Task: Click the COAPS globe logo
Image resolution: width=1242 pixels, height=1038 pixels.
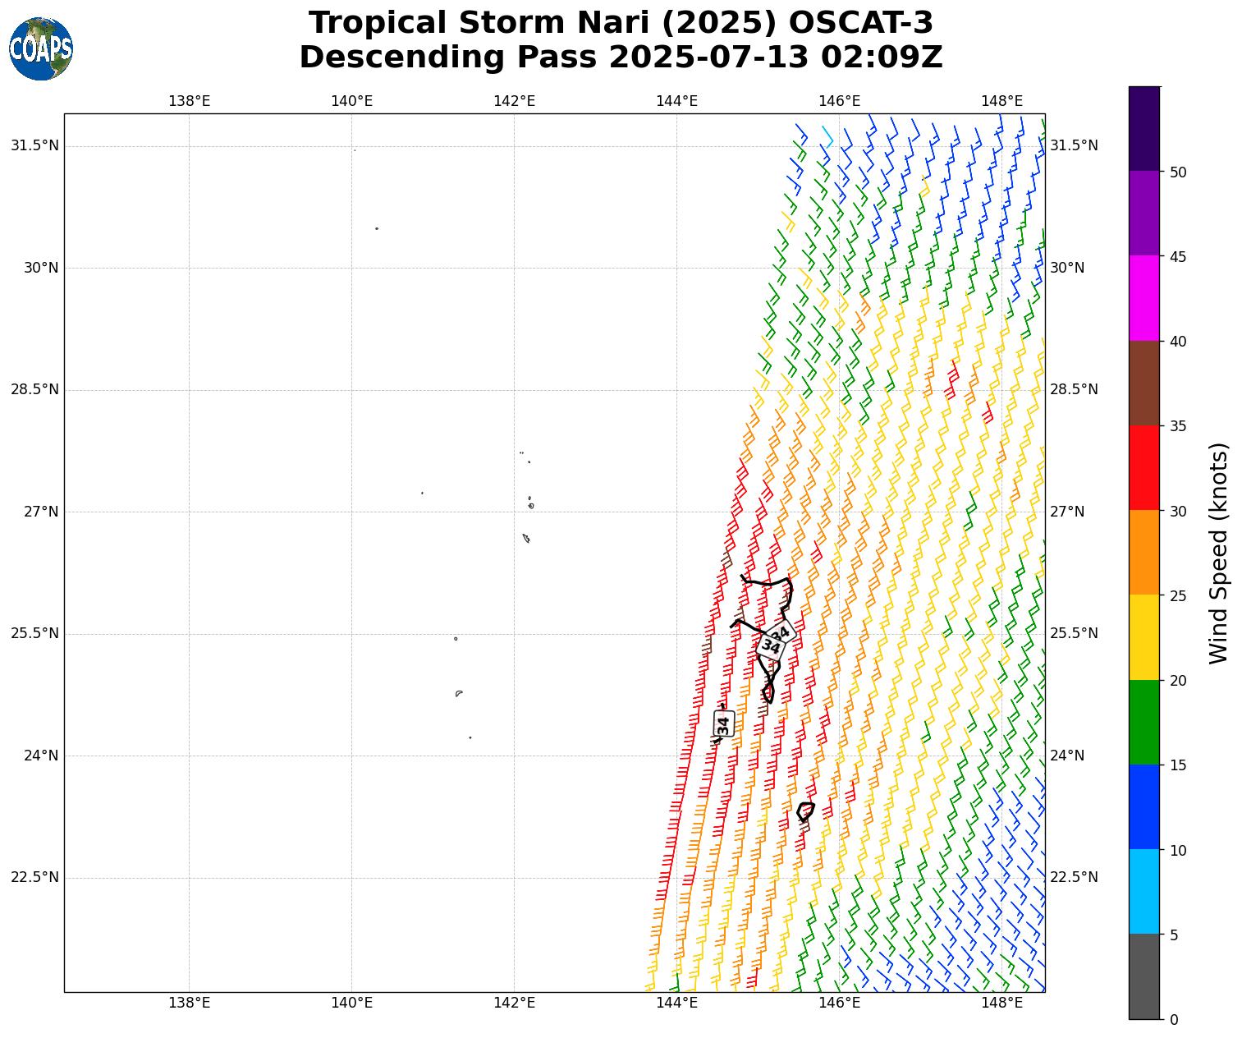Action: pyautogui.click(x=41, y=48)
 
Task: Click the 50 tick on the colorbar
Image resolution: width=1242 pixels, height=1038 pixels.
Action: pyautogui.click(x=1178, y=172)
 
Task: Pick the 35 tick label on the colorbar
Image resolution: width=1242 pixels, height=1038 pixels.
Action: pyautogui.click(x=1178, y=426)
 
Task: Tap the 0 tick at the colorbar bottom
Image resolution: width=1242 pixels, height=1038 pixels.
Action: pyautogui.click(x=1174, y=1019)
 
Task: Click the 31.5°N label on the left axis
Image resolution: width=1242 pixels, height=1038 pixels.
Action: pyautogui.click(x=34, y=145)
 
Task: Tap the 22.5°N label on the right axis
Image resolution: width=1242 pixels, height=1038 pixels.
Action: pyautogui.click(x=1074, y=877)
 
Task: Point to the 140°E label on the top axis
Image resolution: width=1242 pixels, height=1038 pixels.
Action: pyautogui.click(x=351, y=101)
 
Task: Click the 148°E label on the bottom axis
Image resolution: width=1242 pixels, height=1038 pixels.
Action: pyautogui.click(x=1001, y=1003)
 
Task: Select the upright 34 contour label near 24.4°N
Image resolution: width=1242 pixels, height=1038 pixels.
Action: pyautogui.click(x=723, y=724)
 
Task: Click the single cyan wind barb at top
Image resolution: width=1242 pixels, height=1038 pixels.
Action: pyautogui.click(x=828, y=136)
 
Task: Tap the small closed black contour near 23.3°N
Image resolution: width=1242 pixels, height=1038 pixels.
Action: pyautogui.click(x=806, y=811)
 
